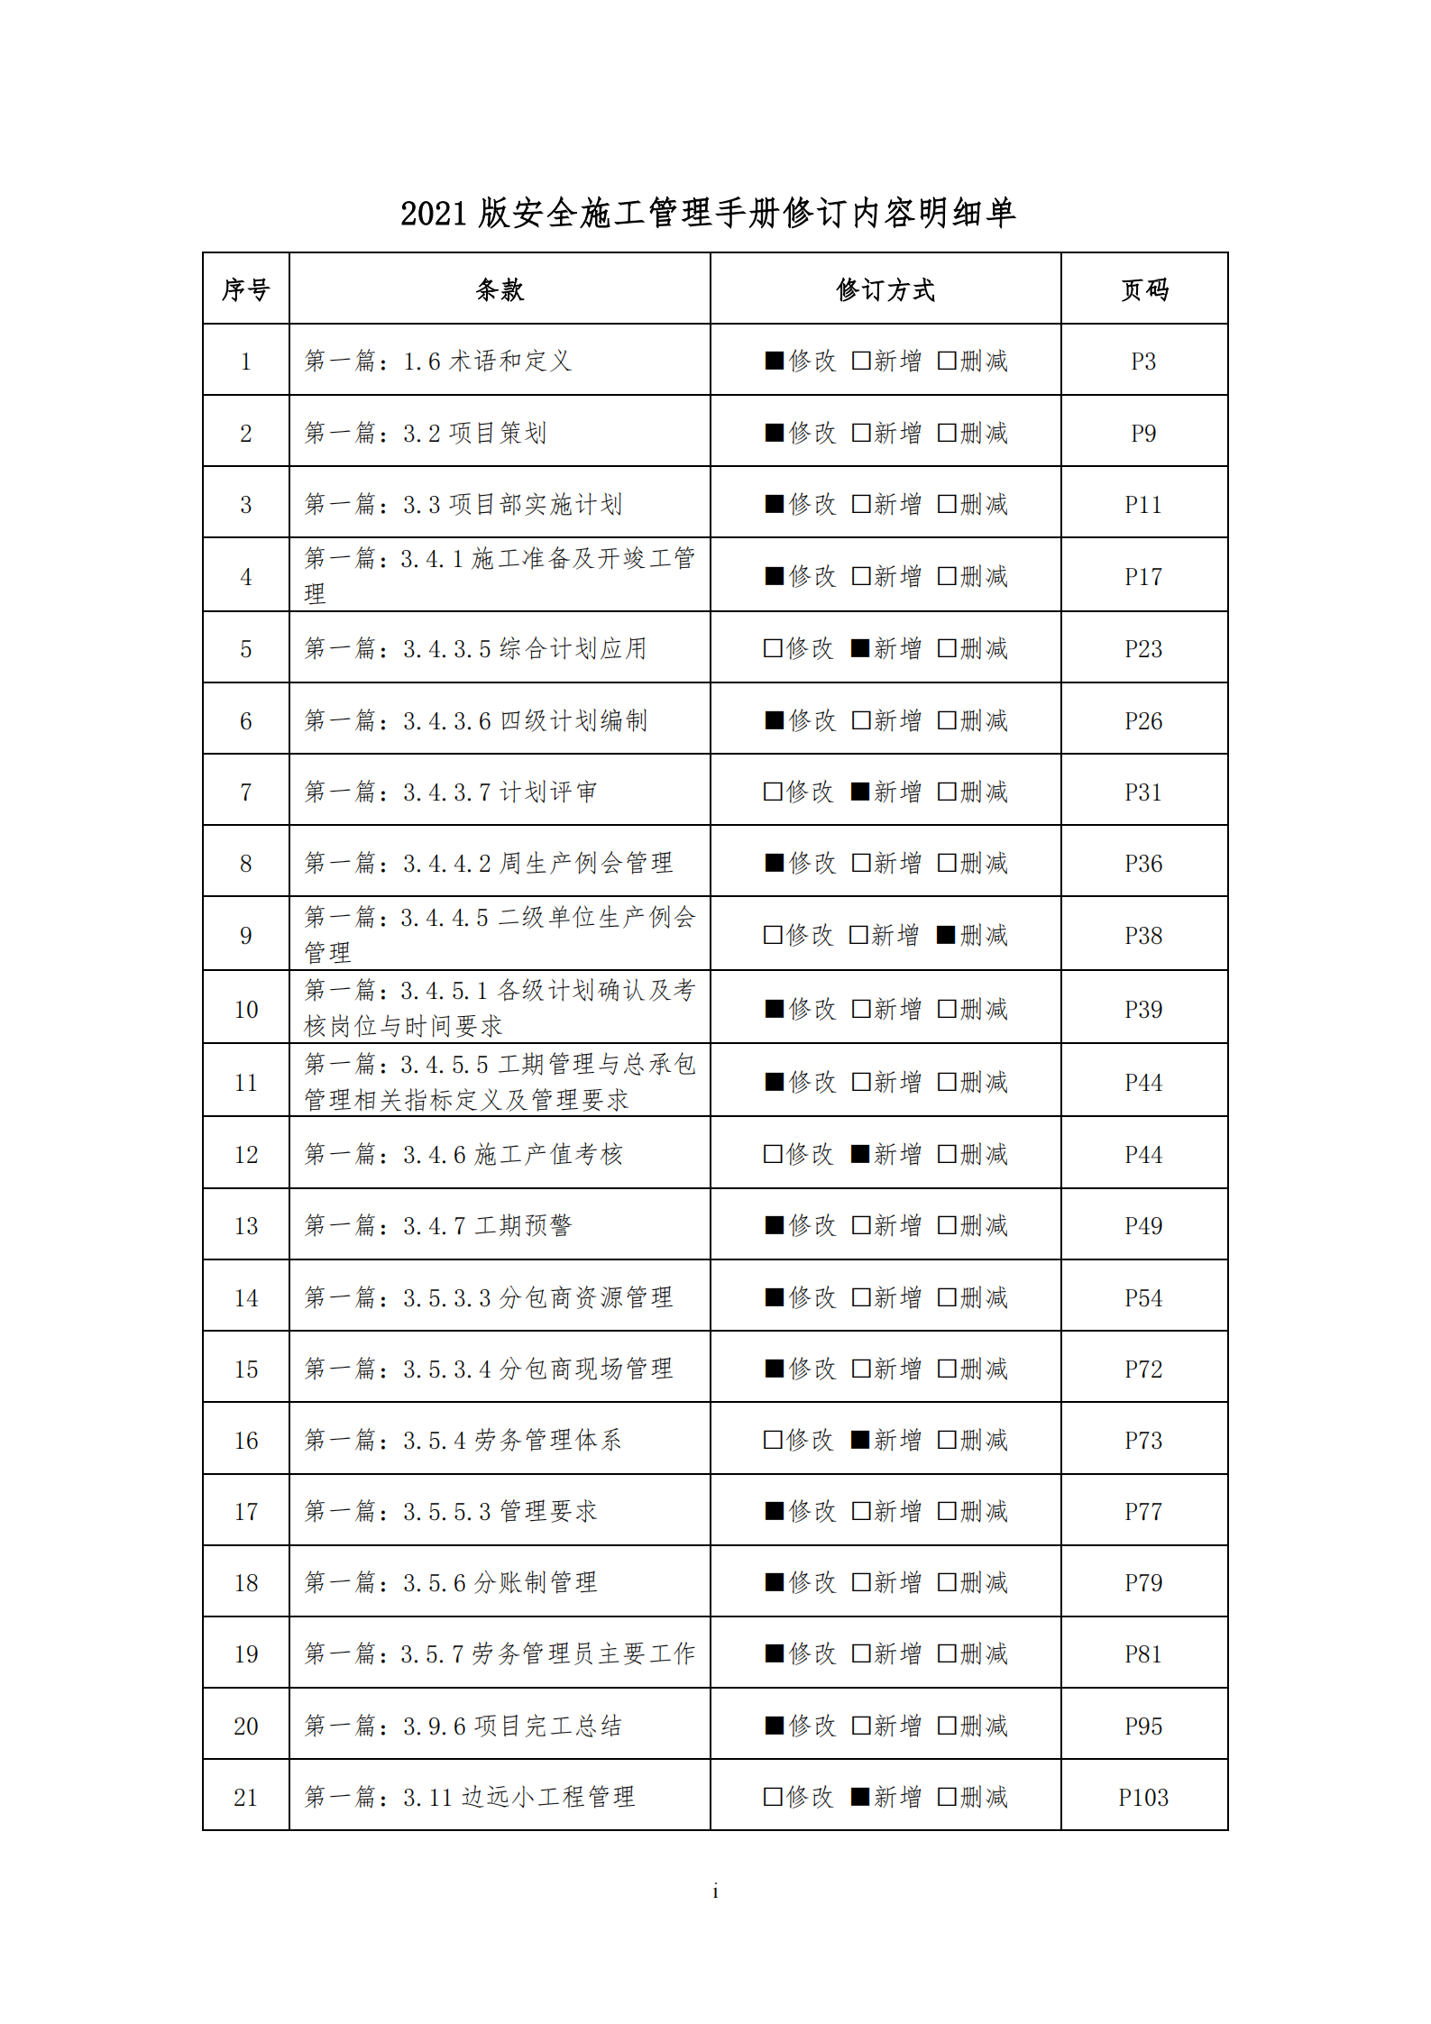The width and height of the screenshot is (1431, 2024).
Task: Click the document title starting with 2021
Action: pos(709,214)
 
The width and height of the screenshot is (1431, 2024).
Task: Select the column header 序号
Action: pos(245,289)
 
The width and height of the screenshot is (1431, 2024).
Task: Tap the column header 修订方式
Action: pos(885,289)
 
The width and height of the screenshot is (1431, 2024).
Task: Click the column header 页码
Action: pos(1143,289)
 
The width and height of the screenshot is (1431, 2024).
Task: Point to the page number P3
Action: pos(1143,362)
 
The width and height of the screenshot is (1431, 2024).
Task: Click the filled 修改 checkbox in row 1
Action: pos(774,361)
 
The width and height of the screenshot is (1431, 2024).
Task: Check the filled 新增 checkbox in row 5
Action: pos(860,648)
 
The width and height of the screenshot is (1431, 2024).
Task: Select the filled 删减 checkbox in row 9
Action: pos(945,935)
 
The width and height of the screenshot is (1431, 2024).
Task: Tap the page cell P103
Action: pos(1143,1798)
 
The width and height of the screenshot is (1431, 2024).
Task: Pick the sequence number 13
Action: pos(245,1226)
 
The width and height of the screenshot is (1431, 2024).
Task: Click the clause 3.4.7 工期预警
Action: pos(438,1226)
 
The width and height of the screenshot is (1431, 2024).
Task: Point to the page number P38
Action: pos(1143,936)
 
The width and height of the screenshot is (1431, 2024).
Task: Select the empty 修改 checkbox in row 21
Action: pos(773,1797)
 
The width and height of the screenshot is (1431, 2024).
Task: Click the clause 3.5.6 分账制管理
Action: pos(451,1582)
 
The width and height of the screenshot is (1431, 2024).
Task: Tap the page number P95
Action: pos(1143,1726)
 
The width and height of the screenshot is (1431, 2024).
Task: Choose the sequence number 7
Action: pos(245,792)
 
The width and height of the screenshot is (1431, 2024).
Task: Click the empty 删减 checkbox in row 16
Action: pos(947,1440)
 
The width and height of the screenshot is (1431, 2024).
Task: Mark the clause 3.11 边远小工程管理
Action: pos(470,1797)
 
